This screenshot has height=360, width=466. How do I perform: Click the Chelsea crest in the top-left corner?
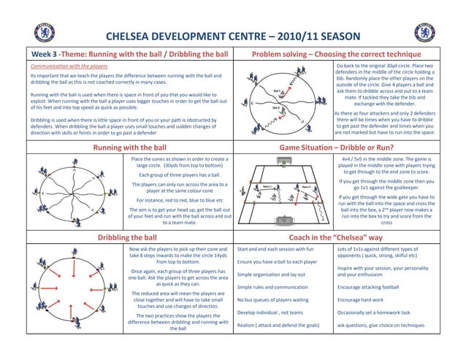(45, 33)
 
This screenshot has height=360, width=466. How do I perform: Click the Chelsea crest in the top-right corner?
(423, 33)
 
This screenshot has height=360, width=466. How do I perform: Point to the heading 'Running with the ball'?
(129, 148)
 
